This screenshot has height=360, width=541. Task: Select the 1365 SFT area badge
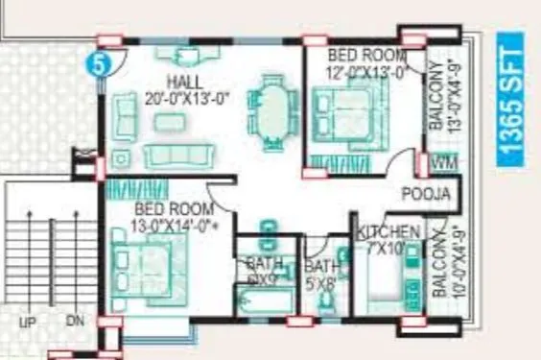pyautogui.click(x=512, y=101)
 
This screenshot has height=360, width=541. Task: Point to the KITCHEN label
pyautogui.click(x=388, y=232)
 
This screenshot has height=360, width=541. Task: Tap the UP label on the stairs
pyautogui.click(x=27, y=324)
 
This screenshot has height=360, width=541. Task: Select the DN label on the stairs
pyautogui.click(x=75, y=324)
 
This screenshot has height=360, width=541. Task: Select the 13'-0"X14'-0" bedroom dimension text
pyautogui.click(x=169, y=227)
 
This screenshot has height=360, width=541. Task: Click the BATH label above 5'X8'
pyautogui.click(x=321, y=266)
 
